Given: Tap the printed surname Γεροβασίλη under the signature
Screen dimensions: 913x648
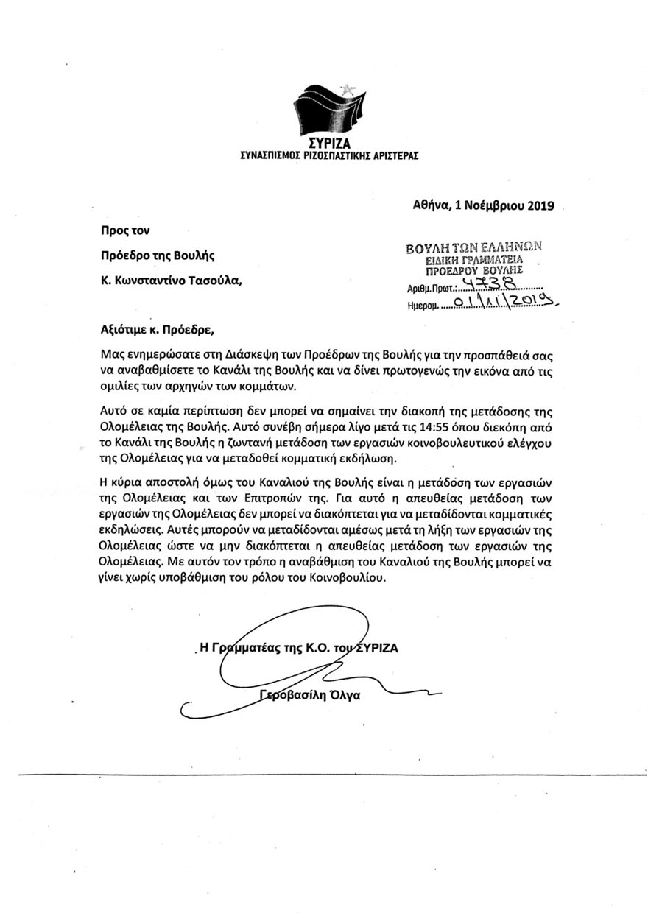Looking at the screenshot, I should pos(295,696).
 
